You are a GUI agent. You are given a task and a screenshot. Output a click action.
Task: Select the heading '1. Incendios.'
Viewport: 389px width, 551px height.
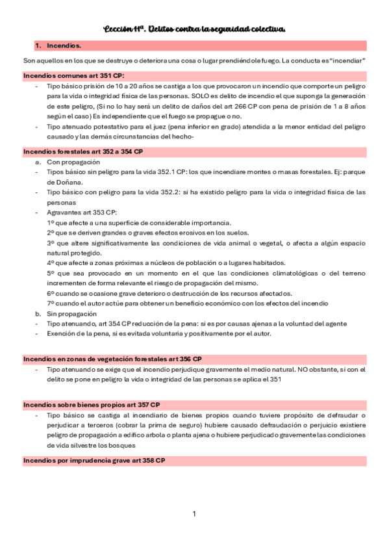click(x=58, y=46)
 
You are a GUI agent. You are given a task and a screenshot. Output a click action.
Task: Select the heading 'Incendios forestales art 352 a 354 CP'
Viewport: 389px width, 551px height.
click(x=82, y=151)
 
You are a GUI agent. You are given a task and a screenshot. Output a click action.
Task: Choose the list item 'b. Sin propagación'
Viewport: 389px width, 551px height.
click(x=65, y=313)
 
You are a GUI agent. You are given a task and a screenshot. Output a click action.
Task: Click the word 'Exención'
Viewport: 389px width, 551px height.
click(x=61, y=333)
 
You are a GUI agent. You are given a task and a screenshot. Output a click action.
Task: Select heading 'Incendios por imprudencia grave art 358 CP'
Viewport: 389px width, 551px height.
click(x=94, y=460)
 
